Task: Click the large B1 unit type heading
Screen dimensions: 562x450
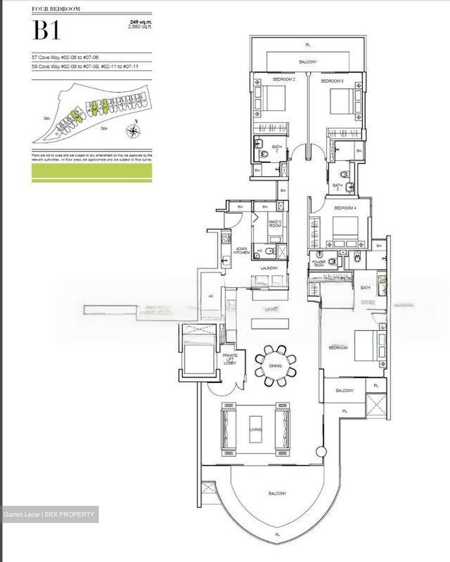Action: [x=46, y=30]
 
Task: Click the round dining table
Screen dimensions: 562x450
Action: [x=276, y=365]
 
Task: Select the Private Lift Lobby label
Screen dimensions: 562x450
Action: [x=229, y=359]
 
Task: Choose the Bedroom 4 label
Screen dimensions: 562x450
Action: [x=345, y=208]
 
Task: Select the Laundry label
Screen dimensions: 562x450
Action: [x=269, y=268]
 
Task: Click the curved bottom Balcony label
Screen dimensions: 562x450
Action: [x=277, y=493]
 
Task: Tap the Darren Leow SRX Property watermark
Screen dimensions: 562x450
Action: [x=49, y=514]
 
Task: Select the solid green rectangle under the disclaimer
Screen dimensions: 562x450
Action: [x=92, y=173]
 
